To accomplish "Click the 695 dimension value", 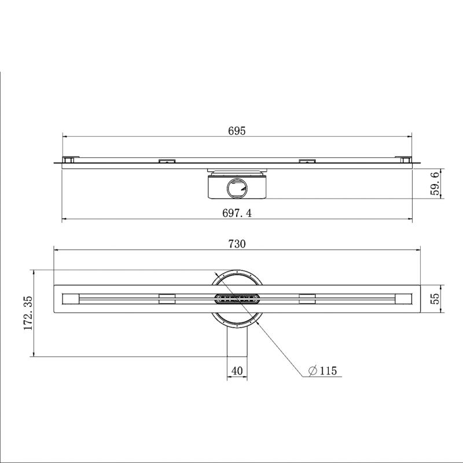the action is [x=237, y=131].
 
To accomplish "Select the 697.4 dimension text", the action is [x=237, y=212].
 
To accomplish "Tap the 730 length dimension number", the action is [x=237, y=244].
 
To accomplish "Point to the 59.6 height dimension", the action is [x=435, y=183].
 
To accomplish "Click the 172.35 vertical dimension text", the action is [x=28, y=313].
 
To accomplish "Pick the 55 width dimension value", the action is [x=435, y=299].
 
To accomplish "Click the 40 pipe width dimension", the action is [x=237, y=370].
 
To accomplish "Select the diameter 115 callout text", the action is [x=322, y=370].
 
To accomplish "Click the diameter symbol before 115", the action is [x=313, y=370].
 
